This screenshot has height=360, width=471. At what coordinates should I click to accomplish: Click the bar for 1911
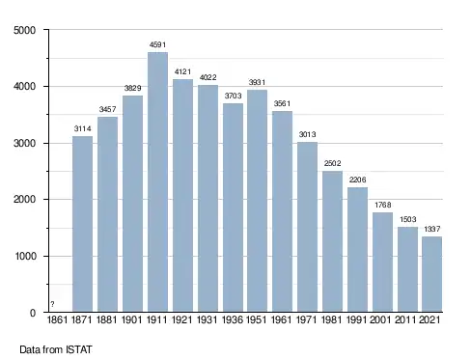157,182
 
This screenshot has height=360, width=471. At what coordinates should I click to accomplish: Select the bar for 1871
82,224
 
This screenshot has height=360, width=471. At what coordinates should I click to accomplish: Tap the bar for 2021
432,274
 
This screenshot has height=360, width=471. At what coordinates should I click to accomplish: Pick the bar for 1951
257,201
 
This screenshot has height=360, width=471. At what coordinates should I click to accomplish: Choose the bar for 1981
332,241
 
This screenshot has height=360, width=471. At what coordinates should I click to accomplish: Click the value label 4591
157,45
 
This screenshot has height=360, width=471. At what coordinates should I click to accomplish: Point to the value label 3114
82,128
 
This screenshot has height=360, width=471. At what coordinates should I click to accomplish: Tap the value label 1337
432,229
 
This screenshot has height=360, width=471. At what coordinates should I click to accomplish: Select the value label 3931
257,82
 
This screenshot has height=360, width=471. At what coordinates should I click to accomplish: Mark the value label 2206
357,180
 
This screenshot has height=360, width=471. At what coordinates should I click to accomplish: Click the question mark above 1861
52,304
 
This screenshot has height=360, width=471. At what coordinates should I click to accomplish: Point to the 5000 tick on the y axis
25,30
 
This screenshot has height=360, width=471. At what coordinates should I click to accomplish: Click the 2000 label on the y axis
25,200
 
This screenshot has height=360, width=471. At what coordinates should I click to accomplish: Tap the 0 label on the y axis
33,313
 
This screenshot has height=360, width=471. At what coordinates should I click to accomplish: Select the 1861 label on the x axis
57,319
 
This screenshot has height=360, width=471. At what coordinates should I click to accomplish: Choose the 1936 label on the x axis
233,319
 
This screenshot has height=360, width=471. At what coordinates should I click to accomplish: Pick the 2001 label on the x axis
380,319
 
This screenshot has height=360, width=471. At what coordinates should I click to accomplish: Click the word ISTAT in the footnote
79,349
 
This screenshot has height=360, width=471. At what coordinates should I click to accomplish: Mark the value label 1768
382,205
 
